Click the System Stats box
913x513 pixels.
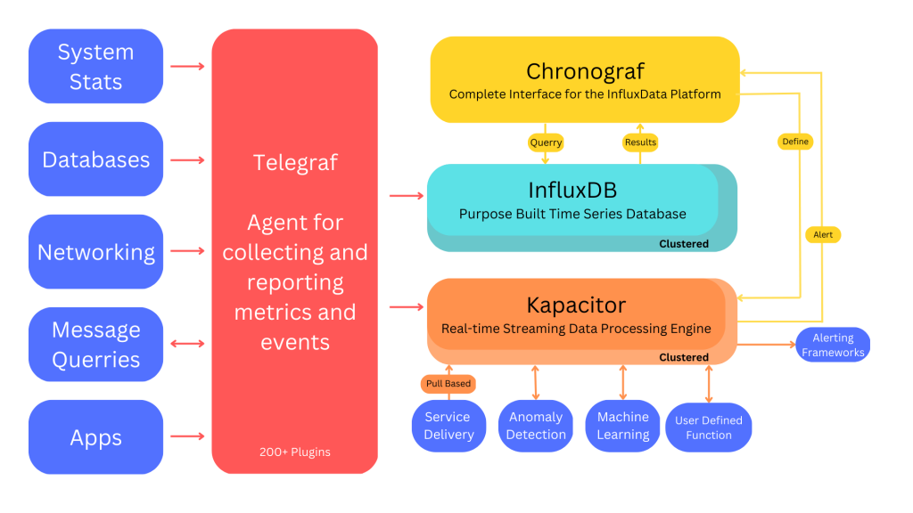pyautogui.click(x=96, y=66)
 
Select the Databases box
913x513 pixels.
pyautogui.click(x=96, y=159)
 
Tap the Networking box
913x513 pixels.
pyautogui.click(x=96, y=252)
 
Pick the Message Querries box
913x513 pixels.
pyautogui.click(x=96, y=345)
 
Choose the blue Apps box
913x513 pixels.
pyautogui.click(x=96, y=436)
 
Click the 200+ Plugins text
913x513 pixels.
pyautogui.click(x=294, y=452)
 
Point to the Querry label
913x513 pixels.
pyautogui.click(x=546, y=142)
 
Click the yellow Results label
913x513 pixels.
pyautogui.click(x=640, y=142)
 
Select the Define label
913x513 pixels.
pyautogui.click(x=795, y=142)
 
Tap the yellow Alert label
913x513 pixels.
pyautogui.click(x=823, y=234)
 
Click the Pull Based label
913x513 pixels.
pyautogui.click(x=448, y=383)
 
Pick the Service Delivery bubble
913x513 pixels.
pyautogui.click(x=448, y=426)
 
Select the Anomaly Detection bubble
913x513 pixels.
pyautogui.click(x=536, y=426)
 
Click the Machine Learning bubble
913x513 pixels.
pyautogui.click(x=623, y=426)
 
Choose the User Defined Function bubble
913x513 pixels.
pyautogui.click(x=709, y=427)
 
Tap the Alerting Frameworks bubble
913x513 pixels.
pyautogui.click(x=833, y=345)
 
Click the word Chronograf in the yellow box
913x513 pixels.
pyautogui.click(x=585, y=71)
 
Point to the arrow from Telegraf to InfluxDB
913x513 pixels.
pyautogui.click(x=407, y=196)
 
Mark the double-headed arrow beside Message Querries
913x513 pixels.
pyautogui.click(x=187, y=344)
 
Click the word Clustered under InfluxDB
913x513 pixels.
pyautogui.click(x=684, y=244)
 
